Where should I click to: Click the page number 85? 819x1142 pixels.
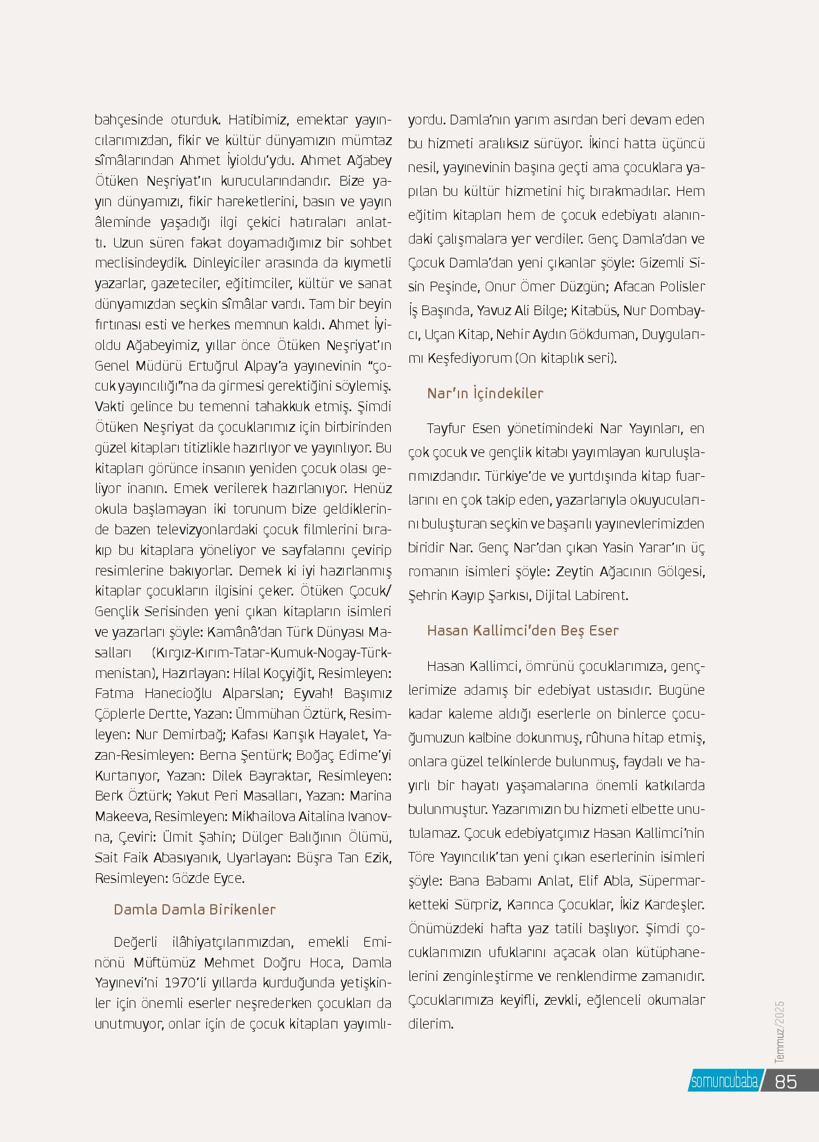tap(786, 1081)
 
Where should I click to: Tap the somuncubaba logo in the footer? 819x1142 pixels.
tap(724, 1081)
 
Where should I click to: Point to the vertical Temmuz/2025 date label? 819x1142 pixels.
tap(780, 1031)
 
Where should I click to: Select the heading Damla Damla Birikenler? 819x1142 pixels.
tap(194, 909)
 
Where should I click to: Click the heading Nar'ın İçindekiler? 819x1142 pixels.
tap(485, 393)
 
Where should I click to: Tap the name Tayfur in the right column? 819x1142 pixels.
tap(446, 429)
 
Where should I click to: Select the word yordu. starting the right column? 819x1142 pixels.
tap(426, 120)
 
